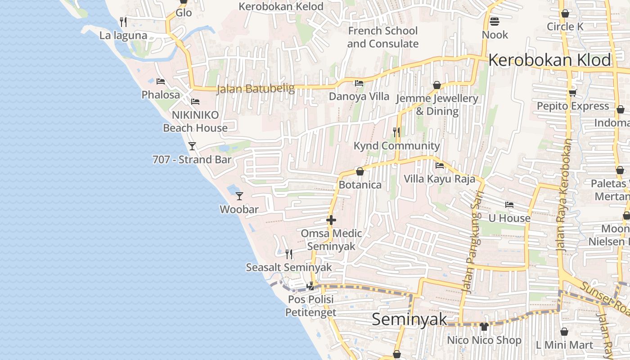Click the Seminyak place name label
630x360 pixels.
409,319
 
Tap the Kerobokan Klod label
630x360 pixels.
550,60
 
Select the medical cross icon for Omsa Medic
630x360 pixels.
331,220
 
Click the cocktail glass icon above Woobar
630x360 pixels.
239,196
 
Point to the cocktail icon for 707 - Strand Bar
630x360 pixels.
192,146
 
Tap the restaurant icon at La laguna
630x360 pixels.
123,22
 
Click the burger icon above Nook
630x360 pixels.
495,21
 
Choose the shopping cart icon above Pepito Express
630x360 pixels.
572,93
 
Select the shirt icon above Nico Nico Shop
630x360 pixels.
484,327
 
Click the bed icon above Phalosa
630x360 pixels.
161,81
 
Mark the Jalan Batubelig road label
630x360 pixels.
255,89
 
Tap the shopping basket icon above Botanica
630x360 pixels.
360,171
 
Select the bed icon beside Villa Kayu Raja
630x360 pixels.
440,166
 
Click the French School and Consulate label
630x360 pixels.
383,37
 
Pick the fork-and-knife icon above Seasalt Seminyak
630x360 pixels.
289,254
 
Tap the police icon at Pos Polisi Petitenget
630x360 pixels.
310,286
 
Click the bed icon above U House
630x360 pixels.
509,205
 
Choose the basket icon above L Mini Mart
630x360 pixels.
564,332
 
